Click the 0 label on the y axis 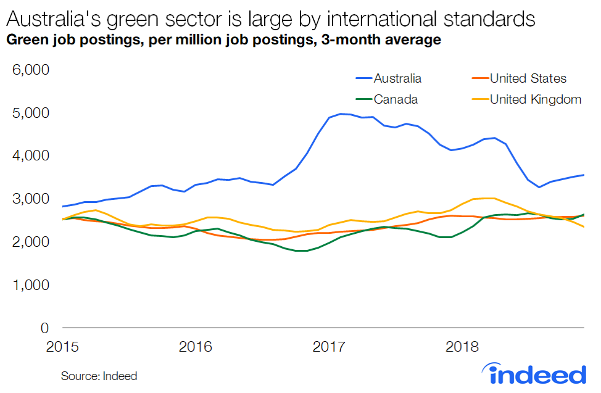click(x=44, y=328)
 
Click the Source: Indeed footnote click(x=99, y=376)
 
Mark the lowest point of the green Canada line click(x=301, y=250)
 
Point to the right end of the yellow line click(x=584, y=227)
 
